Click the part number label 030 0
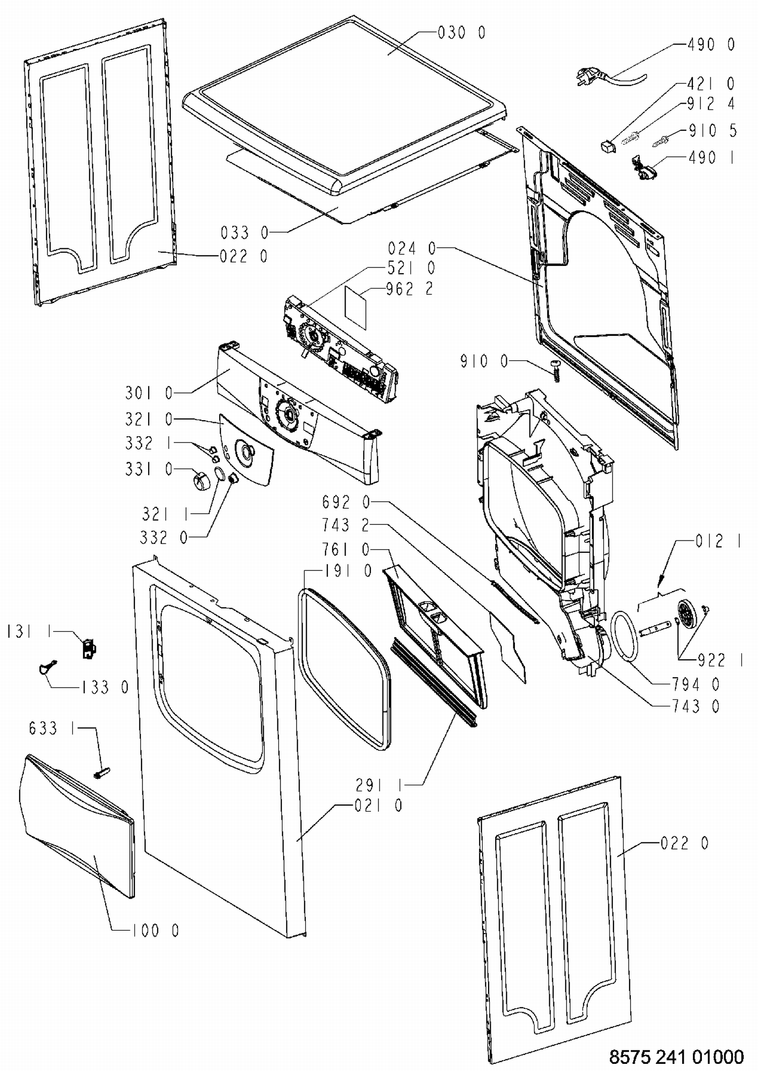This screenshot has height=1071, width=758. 461,33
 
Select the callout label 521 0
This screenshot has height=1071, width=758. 411,267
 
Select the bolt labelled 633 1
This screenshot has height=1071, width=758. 102,772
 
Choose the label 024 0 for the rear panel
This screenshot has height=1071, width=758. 411,248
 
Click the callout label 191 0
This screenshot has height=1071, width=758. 348,571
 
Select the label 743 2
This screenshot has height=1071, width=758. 346,525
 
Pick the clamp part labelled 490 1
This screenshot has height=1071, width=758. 642,168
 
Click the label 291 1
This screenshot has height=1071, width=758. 380,785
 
